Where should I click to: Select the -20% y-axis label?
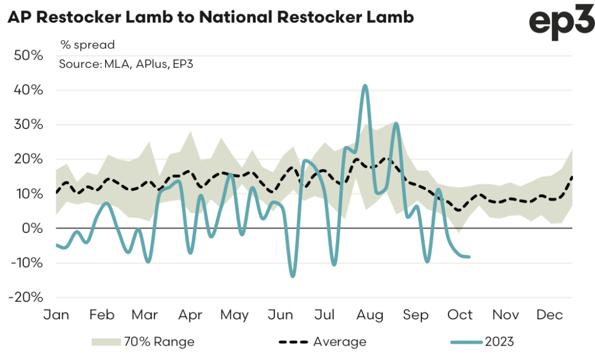26,297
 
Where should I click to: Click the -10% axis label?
26,262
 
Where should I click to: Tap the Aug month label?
370,315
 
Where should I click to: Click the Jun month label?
280,315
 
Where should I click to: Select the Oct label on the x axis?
460,315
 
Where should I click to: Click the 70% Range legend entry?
159,341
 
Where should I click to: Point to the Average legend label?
339,341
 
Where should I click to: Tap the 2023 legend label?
499,341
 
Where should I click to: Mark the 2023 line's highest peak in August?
365,86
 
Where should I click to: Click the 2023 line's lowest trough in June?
292,276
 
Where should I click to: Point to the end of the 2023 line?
469,257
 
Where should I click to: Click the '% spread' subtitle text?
87,45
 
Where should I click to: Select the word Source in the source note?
78,64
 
